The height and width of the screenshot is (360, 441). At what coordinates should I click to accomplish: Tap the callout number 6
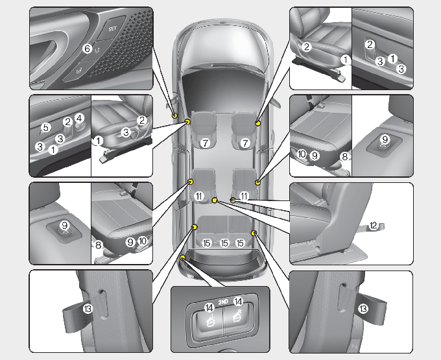click(x=87, y=49)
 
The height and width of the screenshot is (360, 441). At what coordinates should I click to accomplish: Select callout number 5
click(x=45, y=127)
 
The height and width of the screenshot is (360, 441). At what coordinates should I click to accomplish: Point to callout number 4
click(x=79, y=118)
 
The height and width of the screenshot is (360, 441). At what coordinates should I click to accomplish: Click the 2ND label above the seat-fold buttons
click(x=222, y=302)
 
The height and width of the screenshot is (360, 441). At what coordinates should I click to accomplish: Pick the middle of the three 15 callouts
click(x=224, y=244)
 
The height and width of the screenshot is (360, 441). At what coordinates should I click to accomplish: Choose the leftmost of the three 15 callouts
click(x=207, y=244)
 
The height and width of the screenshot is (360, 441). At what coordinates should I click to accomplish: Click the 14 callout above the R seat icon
click(x=237, y=302)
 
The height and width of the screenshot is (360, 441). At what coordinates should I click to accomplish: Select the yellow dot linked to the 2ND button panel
click(x=183, y=258)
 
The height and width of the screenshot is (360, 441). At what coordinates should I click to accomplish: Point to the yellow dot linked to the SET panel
click(x=175, y=115)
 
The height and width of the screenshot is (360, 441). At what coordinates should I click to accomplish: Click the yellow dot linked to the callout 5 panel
click(x=187, y=121)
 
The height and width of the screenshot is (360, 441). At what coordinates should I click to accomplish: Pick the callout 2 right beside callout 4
click(x=67, y=121)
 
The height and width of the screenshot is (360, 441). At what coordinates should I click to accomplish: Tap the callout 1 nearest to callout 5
click(x=53, y=149)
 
